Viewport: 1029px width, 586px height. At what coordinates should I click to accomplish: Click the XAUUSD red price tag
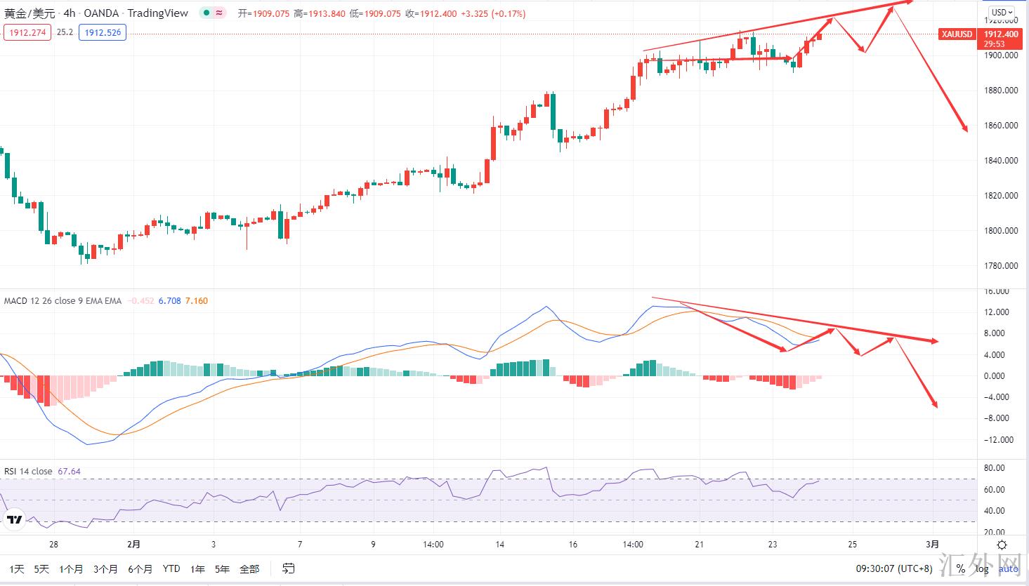pyautogui.click(x=957, y=34)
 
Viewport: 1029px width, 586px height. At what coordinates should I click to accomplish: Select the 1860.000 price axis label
pyautogui.click(x=1001, y=126)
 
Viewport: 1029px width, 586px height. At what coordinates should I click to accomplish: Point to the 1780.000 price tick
pyautogui.click(x=1001, y=266)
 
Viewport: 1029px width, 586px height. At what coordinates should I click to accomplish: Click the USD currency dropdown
pyautogui.click(x=1001, y=13)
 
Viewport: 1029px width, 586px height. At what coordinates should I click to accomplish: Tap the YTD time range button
pyautogui.click(x=171, y=568)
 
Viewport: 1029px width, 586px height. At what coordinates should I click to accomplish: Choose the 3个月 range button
pyautogui.click(x=105, y=568)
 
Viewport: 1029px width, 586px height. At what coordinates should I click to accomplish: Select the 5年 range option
pyautogui.click(x=222, y=568)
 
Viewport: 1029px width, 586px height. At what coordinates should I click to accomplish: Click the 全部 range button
pyautogui.click(x=249, y=568)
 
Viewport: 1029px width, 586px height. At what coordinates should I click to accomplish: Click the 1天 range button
pyautogui.click(x=17, y=568)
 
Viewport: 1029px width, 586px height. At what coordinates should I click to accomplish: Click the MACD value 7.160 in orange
pyautogui.click(x=196, y=301)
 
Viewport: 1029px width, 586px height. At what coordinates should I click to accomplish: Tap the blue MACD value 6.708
pyautogui.click(x=169, y=301)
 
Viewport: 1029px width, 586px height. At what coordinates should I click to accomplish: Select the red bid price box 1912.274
pyautogui.click(x=27, y=32)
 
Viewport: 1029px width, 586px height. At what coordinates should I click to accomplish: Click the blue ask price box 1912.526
pyautogui.click(x=103, y=32)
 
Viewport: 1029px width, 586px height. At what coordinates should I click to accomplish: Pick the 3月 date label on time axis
pyautogui.click(x=932, y=544)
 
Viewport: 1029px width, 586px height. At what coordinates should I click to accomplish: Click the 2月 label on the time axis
pyautogui.click(x=133, y=544)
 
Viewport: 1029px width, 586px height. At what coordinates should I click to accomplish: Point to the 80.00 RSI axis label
pyautogui.click(x=994, y=468)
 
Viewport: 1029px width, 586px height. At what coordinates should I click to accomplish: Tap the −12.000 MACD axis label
pyautogui.click(x=997, y=440)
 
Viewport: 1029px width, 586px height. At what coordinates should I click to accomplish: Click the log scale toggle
pyautogui.click(x=982, y=568)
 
